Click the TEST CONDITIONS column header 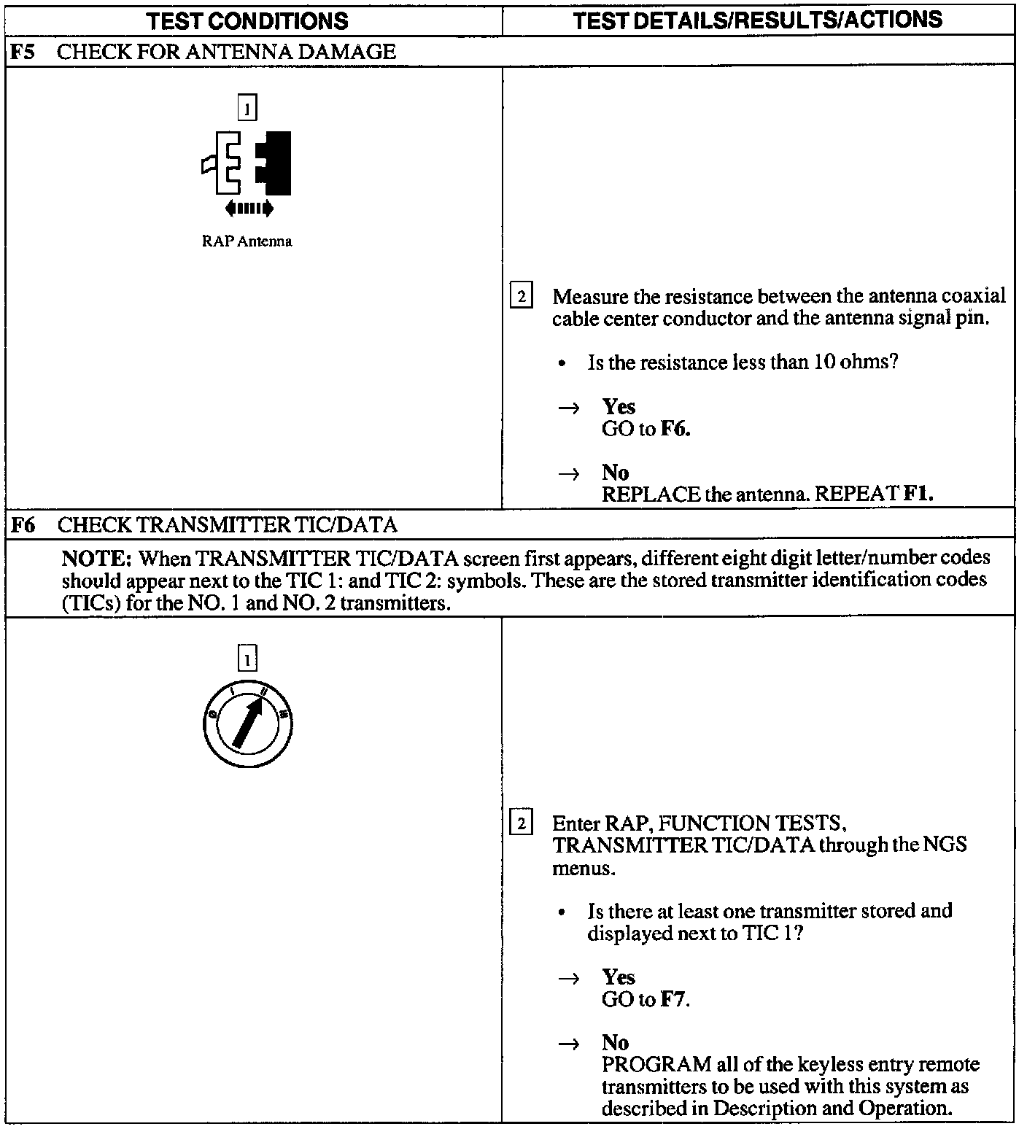[x=247, y=20]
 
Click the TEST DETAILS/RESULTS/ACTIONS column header [x=757, y=20]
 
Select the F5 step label [x=24, y=52]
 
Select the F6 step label [x=24, y=524]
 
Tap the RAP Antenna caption [x=247, y=241]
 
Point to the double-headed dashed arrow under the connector [x=249, y=209]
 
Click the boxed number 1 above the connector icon [x=247, y=109]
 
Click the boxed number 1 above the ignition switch [x=247, y=660]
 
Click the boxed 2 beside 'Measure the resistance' [x=521, y=297]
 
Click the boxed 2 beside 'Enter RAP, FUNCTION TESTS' [x=521, y=824]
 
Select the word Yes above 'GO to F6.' [x=619, y=407]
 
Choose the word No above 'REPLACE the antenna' [x=615, y=473]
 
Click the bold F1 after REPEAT [x=918, y=494]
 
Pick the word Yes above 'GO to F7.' [x=619, y=977]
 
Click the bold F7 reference [x=673, y=999]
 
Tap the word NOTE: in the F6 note [x=96, y=559]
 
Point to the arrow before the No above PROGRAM [x=569, y=1044]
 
